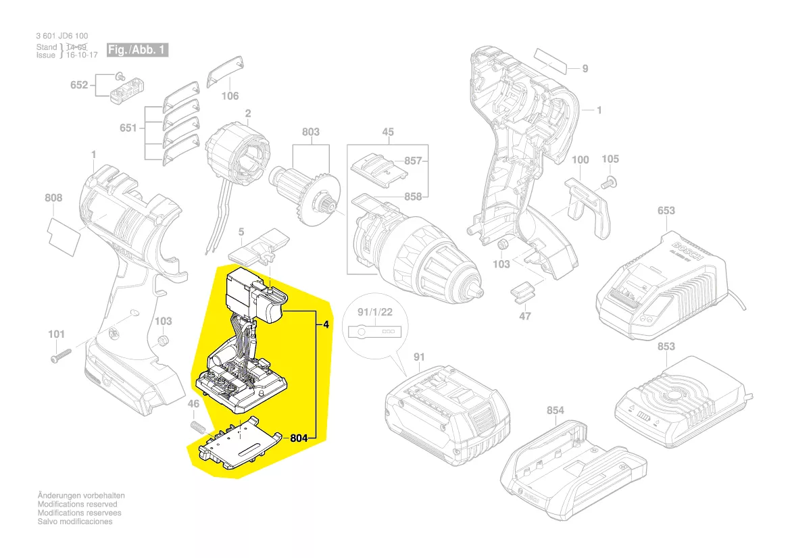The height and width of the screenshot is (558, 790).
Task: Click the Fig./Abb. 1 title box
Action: coord(137,50)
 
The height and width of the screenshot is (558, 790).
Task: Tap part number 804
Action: coord(299,438)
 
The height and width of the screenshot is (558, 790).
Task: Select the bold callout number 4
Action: coord(326,325)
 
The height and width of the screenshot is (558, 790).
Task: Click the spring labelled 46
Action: coord(198,427)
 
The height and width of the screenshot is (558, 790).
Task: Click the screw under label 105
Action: coord(609,182)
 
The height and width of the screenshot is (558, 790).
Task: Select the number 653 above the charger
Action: coord(666,211)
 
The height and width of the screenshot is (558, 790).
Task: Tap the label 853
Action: coord(666,347)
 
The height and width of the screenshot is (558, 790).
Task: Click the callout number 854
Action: coord(556,411)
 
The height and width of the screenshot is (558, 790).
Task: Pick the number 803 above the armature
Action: coord(310,132)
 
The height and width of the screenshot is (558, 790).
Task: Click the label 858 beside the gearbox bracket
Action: coord(413,197)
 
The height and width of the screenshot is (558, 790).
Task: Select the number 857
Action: coord(413,161)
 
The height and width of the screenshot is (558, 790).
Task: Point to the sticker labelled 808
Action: coord(64,236)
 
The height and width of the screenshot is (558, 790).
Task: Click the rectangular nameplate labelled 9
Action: coord(551,61)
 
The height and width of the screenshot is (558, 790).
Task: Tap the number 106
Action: coord(230,96)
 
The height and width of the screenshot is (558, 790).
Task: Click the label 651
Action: coord(128,128)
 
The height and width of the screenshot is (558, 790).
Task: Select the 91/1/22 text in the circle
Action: coord(375,312)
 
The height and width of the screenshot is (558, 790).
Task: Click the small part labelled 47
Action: coord(521,293)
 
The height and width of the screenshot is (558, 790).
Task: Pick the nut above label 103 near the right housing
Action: coord(502,245)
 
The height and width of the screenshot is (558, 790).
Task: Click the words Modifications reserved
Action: coord(77,504)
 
